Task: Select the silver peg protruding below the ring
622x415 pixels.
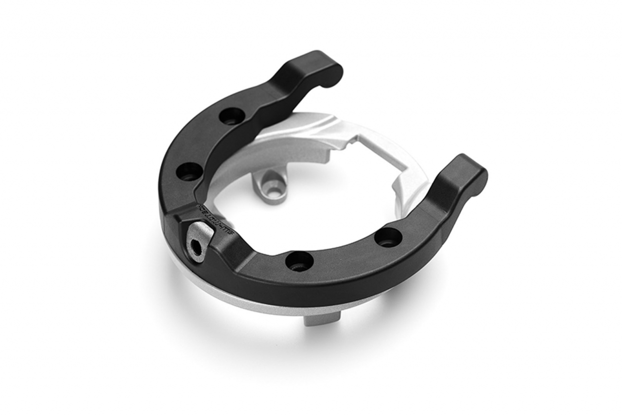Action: click(x=321, y=319)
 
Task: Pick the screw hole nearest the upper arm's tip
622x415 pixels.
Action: click(x=231, y=116)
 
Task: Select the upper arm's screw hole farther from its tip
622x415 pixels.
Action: click(x=189, y=171)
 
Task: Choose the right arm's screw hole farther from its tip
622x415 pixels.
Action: click(x=299, y=261)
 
